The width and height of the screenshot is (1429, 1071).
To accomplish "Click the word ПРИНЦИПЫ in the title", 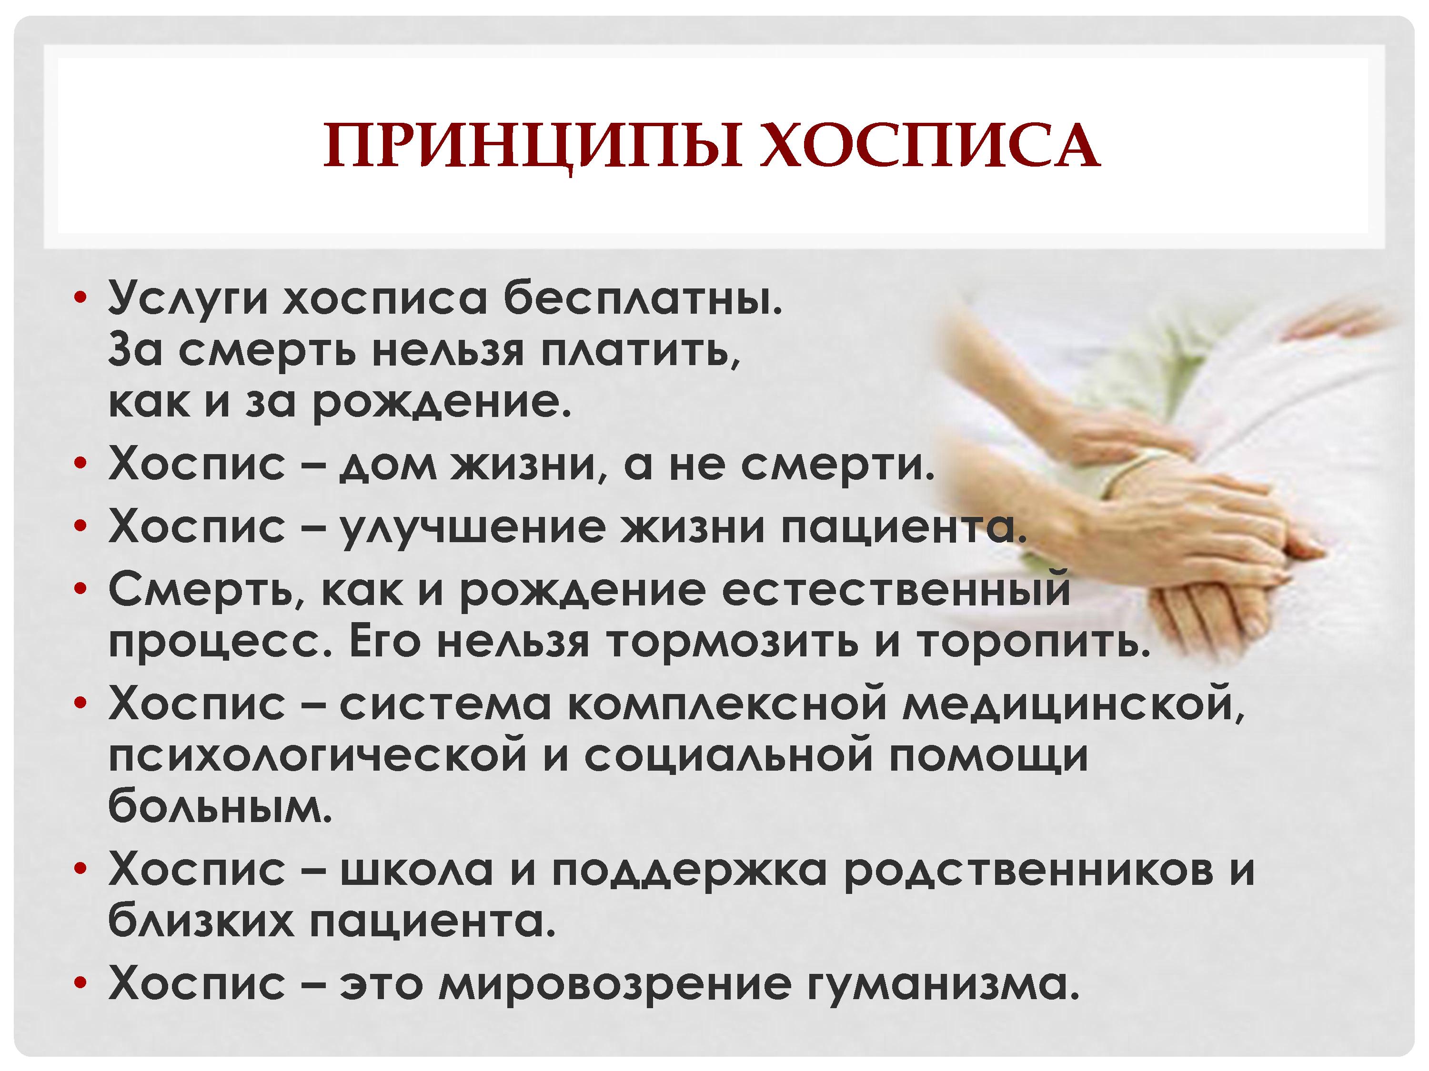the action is (533, 147).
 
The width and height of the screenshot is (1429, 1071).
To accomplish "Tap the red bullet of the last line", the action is (80, 983).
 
